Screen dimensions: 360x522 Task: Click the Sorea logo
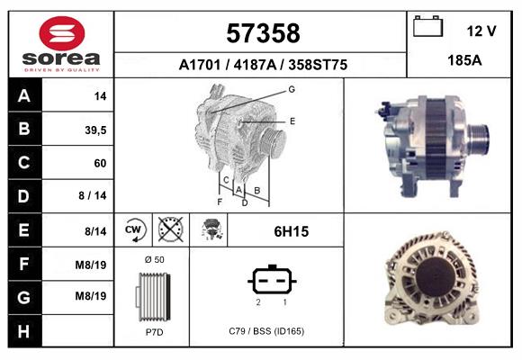click(x=60, y=42)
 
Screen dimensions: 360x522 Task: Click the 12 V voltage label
click(x=481, y=31)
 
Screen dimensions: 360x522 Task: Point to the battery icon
click(x=427, y=28)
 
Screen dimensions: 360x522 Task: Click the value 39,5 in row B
click(x=94, y=130)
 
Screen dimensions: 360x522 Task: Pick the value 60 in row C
click(x=99, y=164)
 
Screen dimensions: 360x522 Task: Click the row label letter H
click(x=24, y=330)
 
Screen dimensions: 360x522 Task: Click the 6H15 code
click(x=291, y=231)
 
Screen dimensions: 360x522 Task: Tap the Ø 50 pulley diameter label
click(x=153, y=259)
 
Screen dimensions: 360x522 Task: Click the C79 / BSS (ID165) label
click(x=266, y=331)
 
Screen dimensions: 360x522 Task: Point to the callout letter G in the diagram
click(x=292, y=89)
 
